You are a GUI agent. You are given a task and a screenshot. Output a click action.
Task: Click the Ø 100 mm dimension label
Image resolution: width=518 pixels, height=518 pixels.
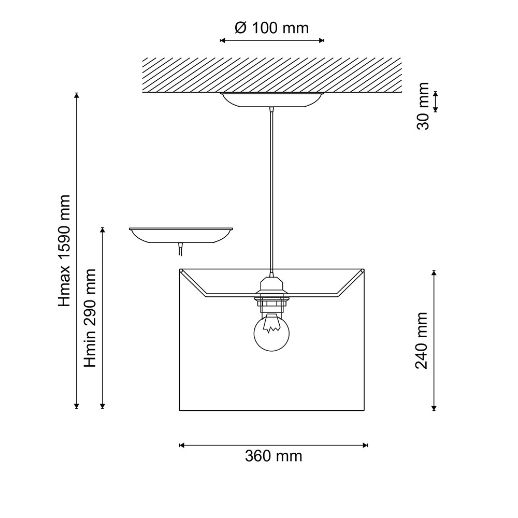271,27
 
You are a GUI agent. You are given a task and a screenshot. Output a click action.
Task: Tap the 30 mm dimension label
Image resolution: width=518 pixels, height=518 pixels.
423,106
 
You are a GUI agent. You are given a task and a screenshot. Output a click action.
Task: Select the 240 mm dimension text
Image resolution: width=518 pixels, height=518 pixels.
422,340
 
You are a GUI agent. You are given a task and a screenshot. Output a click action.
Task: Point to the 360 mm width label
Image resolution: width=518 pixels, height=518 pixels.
273,456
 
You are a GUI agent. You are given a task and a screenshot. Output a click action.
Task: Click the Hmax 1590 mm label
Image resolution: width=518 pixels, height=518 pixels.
64,251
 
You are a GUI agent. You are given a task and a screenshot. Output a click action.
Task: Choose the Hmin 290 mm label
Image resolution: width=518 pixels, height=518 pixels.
91,318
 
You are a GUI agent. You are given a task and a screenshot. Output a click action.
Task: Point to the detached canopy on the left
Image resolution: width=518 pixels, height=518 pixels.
181,235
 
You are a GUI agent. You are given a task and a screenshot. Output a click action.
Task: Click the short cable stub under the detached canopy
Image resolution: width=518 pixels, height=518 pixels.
180,250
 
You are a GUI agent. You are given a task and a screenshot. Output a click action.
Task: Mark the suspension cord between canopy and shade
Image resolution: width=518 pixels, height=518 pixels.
271,186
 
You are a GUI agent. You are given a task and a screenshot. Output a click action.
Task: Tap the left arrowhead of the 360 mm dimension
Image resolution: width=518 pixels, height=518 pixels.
181,444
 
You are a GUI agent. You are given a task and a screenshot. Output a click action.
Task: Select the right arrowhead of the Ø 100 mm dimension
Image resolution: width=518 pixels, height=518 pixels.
322,40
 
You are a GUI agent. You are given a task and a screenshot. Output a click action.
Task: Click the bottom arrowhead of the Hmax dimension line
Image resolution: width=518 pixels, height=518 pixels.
77,407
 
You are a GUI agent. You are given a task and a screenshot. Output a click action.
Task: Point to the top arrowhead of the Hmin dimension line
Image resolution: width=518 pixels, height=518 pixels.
103,229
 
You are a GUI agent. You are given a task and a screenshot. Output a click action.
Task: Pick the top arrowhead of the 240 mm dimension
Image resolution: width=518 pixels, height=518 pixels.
434,272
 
